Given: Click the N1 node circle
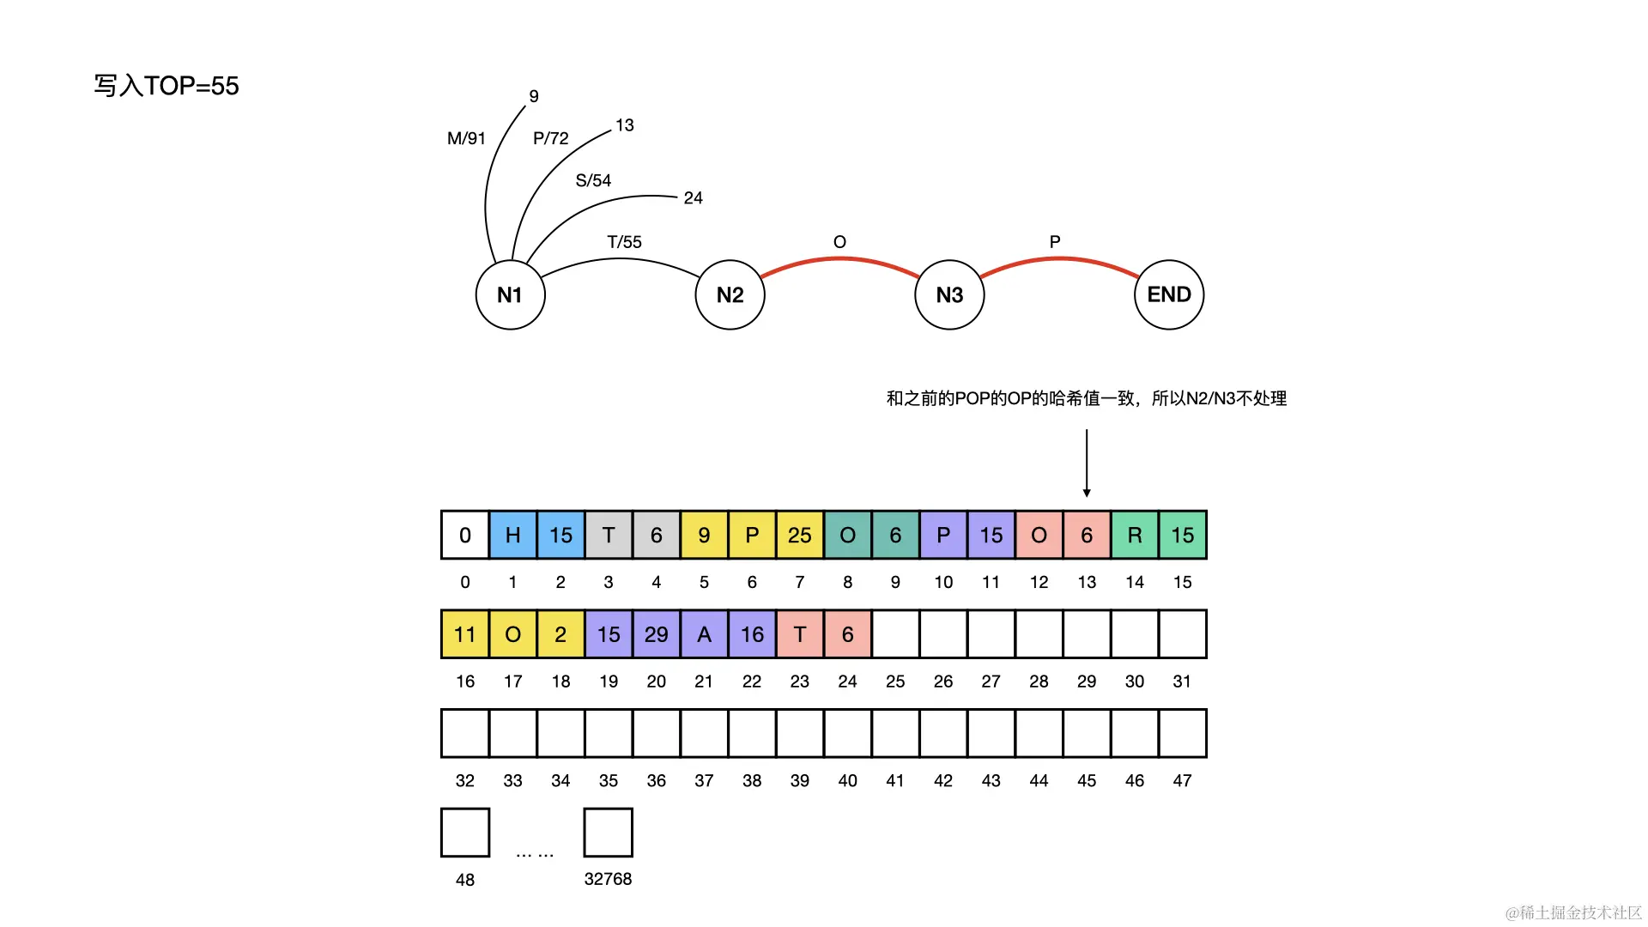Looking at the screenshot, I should (510, 294).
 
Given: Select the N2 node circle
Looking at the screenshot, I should (730, 294).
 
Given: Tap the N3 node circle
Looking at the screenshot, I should (949, 294).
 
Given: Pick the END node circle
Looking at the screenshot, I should (1169, 294).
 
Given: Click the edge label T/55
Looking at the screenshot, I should (624, 242).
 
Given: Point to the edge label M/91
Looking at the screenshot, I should (466, 138).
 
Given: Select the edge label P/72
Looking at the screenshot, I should (550, 138).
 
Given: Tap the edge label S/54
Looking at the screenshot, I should (593, 180).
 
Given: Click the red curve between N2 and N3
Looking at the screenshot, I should (839, 259).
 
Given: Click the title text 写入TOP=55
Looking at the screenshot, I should (167, 86).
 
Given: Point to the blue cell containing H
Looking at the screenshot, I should (513, 535).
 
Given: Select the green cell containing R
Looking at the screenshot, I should (1135, 535).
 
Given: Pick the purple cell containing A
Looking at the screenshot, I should (704, 634).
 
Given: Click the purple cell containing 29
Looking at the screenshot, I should (657, 634).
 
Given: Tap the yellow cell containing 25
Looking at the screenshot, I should (800, 535).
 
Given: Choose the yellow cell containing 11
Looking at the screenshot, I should (465, 634).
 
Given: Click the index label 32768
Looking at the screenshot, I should (608, 879).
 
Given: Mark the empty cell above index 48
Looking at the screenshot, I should (465, 833).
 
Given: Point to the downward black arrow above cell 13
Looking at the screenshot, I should (1087, 463).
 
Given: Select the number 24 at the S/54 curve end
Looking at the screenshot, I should (693, 198).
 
